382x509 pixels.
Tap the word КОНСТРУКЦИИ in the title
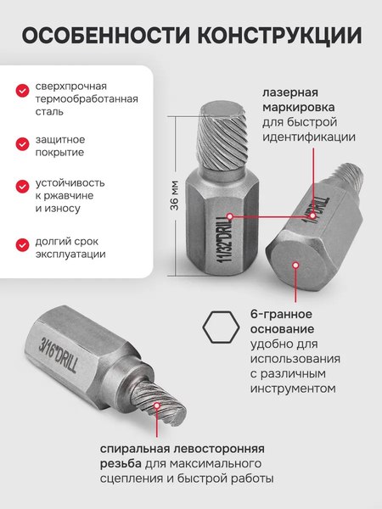[281, 36]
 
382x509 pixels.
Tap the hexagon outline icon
[220, 326]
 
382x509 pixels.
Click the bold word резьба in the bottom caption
[123, 464]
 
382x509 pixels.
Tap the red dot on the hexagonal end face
[295, 265]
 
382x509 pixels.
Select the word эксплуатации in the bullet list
[70, 254]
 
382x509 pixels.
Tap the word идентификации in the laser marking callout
[308, 137]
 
